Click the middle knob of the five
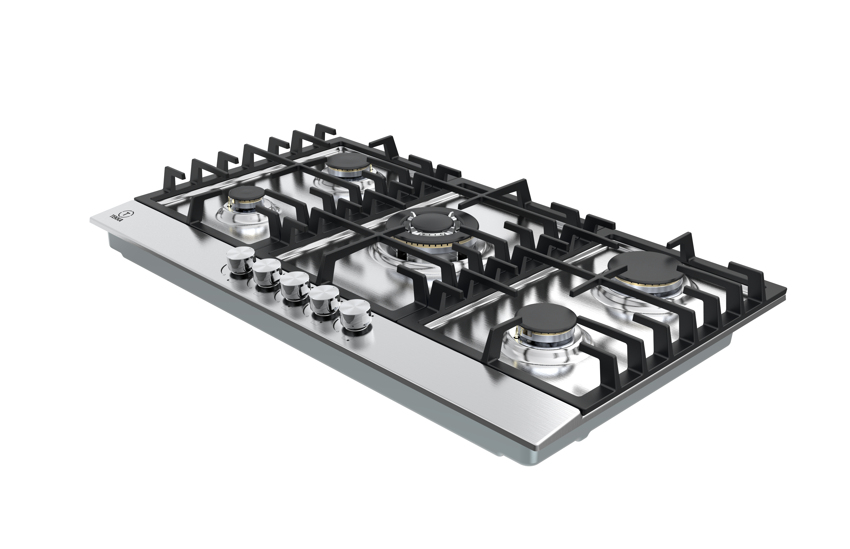(294, 286)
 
